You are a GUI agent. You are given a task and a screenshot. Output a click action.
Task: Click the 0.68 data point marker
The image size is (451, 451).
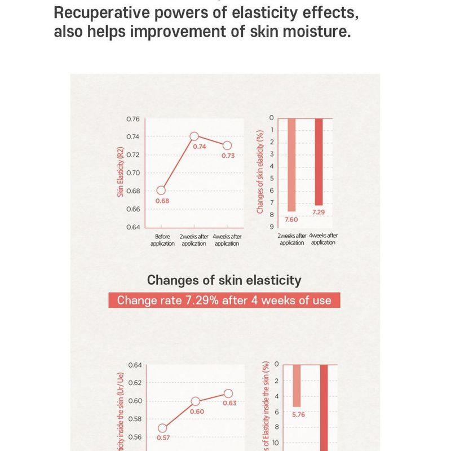[x=162, y=190]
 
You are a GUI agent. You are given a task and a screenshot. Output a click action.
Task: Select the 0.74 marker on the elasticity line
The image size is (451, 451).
[x=194, y=136]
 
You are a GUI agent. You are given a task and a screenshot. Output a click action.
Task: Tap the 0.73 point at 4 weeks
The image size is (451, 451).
[x=227, y=145]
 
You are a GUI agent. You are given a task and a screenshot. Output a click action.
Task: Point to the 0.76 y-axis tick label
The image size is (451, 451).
[x=132, y=119]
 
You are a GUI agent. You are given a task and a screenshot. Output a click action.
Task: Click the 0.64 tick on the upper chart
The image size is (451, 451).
[x=132, y=227]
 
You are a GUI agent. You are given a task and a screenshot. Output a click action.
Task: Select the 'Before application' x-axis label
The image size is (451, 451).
[x=162, y=240]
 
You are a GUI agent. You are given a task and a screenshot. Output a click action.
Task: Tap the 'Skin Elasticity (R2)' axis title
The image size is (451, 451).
[x=120, y=172]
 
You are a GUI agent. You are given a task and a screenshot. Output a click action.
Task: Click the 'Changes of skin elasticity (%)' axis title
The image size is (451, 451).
[x=260, y=172]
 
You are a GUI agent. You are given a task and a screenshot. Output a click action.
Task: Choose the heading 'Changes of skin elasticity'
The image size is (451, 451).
[x=224, y=280]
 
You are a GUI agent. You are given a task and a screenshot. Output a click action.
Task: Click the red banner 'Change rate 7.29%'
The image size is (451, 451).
[x=224, y=300]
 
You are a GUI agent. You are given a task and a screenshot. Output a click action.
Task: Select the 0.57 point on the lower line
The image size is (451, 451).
[x=162, y=428]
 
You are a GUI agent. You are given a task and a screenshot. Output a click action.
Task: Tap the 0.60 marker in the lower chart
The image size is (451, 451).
[x=196, y=401]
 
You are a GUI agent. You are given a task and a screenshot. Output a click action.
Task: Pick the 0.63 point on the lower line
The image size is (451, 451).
[x=228, y=393]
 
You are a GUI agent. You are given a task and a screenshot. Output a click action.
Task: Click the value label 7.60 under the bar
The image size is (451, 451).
[x=291, y=219]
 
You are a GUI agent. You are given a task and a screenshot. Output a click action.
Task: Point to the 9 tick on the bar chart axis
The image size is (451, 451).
[x=271, y=227]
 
